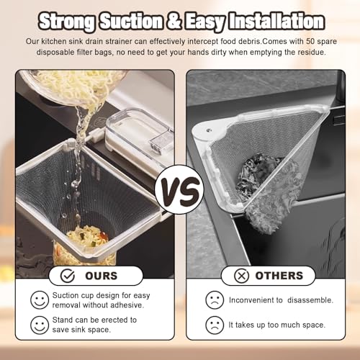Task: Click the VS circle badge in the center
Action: pos(179,189)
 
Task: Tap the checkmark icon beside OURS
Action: pos(68,276)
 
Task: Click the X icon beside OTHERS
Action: pos(241,276)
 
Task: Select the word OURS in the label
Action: pos(102,276)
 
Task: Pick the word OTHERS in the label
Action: pos(279,276)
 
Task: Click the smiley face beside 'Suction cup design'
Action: pos(40,300)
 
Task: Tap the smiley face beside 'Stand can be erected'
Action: pos(40,325)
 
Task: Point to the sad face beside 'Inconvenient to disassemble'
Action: pos(215,300)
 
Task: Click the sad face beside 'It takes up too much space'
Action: pos(215,325)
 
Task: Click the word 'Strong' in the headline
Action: pos(67,22)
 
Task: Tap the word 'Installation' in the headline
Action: pos(276,21)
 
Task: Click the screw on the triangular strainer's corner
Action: pos(209,130)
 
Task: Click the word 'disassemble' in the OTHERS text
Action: pos(310,300)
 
